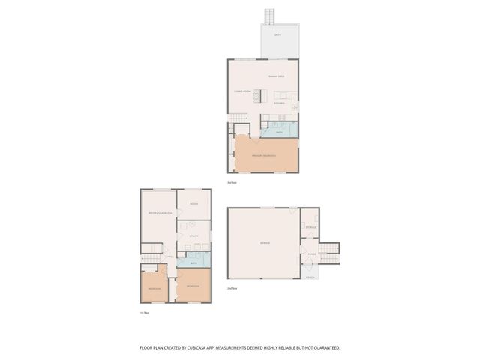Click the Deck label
coord(277,36)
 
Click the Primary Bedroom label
coord(265,155)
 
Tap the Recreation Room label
coord(157,214)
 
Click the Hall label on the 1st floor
coord(171,256)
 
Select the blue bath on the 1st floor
coord(193,263)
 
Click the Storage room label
coord(310,226)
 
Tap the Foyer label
coord(310,254)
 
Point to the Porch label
coord(310,277)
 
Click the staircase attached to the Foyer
coord(329,250)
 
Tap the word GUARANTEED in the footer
coord(323,347)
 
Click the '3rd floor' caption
coord(232,182)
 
